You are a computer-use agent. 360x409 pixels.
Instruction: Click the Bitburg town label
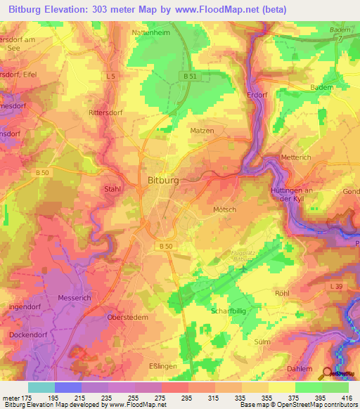[163, 180]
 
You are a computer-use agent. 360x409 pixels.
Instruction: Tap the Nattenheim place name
[152, 32]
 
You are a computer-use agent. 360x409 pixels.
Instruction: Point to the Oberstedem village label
[129, 317]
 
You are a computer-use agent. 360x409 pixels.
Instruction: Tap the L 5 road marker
[111, 75]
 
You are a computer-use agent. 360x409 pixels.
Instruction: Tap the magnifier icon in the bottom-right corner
[328, 373]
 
